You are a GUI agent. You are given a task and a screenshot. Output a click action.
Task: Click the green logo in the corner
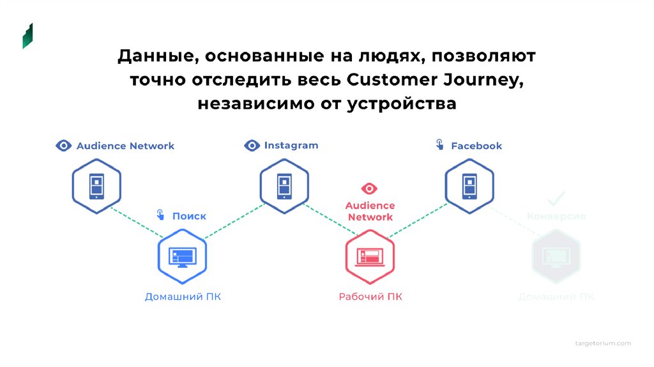click(x=27, y=36)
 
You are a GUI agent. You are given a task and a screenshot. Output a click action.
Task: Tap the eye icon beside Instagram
click(x=252, y=146)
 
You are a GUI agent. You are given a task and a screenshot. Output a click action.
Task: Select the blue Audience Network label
click(x=125, y=146)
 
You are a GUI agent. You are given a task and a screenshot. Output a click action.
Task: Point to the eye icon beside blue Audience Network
click(x=63, y=146)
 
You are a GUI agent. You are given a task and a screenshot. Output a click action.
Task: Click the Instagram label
click(x=291, y=146)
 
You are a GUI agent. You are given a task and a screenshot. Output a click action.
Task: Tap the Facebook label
click(x=476, y=146)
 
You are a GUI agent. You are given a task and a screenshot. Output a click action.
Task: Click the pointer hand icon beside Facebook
click(x=440, y=145)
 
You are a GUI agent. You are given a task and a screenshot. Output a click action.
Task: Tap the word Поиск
click(x=189, y=216)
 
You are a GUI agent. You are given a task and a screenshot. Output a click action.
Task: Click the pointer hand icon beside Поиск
click(x=160, y=215)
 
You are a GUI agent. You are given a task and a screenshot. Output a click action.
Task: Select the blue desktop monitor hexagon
click(x=183, y=256)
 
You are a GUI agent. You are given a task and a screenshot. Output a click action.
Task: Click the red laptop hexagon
click(x=370, y=256)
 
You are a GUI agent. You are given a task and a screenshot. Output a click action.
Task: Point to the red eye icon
click(x=369, y=189)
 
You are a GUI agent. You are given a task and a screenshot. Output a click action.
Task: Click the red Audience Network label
click(x=370, y=212)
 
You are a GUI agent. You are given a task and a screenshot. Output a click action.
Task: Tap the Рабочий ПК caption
click(x=370, y=297)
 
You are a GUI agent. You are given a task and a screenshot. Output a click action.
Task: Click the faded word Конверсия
click(x=556, y=216)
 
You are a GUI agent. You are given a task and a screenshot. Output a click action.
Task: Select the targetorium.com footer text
click(x=602, y=343)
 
